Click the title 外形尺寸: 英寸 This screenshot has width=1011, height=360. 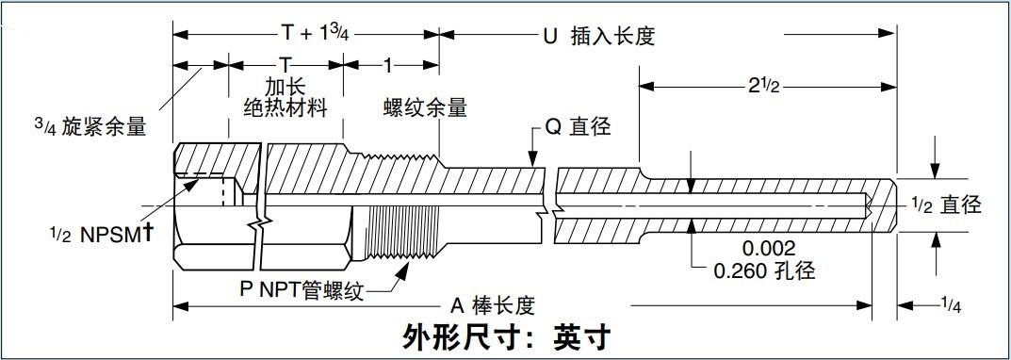point(507,336)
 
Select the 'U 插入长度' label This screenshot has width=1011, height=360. point(598,37)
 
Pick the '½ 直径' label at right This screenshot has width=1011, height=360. point(947,205)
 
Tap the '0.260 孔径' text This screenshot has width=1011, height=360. point(764,272)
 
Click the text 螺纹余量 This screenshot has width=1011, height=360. point(424,107)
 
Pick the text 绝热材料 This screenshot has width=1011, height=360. point(285,107)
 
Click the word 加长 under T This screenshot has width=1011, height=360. point(285,87)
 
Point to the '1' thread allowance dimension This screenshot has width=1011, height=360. point(389,67)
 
